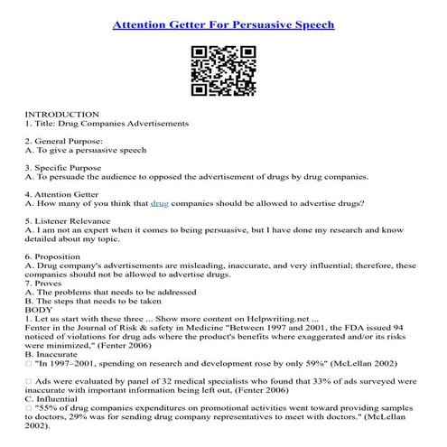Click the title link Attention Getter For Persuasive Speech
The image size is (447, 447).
click(223, 23)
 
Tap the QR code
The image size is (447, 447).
click(222, 71)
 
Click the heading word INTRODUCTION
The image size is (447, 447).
click(61, 115)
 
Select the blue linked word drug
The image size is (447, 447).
click(160, 204)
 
